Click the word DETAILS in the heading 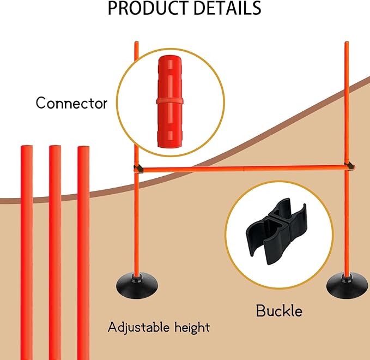click(227, 8)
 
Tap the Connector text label click(71, 103)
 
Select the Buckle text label click(279, 310)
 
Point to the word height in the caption click(192, 328)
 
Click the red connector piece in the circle click(170, 101)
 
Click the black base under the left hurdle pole click(137, 285)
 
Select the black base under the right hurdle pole click(347, 285)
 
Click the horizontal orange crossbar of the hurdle click(245, 169)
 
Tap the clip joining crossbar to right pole click(350, 166)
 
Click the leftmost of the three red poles click(27, 253)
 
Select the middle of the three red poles click(55, 253)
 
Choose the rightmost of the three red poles click(83, 253)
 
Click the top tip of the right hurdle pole click(347, 43)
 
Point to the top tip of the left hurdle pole click(137, 43)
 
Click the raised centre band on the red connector click(170, 101)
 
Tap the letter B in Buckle click(261, 310)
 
